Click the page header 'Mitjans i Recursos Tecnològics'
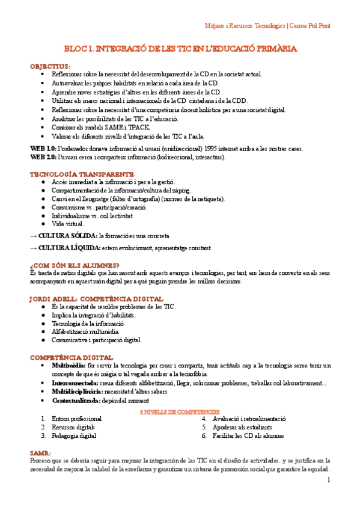[241, 26]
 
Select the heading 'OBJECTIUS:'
[50, 66]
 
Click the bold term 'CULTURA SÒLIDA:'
[68, 236]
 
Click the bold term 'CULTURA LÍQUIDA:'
[69, 248]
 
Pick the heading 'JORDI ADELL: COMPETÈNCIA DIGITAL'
[96, 298]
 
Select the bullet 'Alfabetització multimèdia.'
[85, 331]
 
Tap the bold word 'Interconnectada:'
[76, 382]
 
